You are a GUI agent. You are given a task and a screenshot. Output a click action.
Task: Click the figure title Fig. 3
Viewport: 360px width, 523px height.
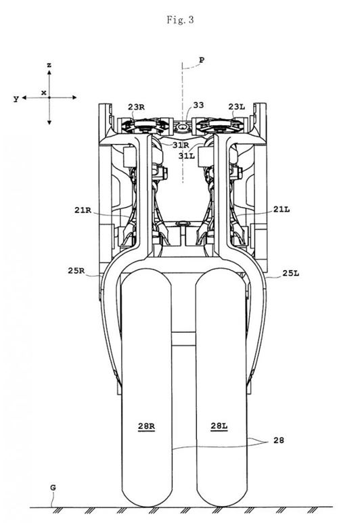tap(180, 20)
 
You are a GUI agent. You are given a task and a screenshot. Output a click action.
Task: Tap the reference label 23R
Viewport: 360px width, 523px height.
tap(136, 107)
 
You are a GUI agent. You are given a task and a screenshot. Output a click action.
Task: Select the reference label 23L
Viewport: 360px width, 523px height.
tap(237, 107)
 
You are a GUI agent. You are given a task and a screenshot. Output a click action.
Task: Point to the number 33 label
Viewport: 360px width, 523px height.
tap(198, 105)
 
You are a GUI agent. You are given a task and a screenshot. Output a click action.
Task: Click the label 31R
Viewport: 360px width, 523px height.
tap(181, 145)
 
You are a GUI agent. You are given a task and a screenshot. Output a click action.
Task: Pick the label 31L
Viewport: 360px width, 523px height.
tap(187, 156)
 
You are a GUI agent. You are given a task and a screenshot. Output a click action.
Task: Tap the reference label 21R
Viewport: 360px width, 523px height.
tap(83, 210)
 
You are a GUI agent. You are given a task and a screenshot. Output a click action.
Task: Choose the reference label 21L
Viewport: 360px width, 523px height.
tap(282, 210)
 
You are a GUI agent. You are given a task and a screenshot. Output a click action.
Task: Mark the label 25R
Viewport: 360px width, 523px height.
tap(76, 271)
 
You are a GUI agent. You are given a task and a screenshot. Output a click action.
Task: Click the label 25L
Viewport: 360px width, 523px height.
tap(291, 273)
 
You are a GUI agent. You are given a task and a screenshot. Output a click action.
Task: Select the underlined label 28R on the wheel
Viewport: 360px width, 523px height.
tap(146, 427)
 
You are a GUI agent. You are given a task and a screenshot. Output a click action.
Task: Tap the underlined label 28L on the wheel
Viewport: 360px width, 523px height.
tap(219, 426)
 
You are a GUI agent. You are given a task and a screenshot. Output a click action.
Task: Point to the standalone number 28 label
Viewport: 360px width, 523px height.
tap(279, 440)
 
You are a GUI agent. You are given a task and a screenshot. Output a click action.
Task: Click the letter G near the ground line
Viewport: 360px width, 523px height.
tap(53, 488)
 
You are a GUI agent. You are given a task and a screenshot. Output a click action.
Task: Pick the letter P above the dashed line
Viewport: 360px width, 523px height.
tap(202, 60)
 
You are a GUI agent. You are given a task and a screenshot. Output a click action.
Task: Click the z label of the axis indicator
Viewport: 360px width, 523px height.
tap(49, 65)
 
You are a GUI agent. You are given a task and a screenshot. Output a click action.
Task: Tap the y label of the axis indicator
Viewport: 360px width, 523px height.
tap(16, 99)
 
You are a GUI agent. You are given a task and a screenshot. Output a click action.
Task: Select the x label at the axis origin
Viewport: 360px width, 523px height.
tap(44, 93)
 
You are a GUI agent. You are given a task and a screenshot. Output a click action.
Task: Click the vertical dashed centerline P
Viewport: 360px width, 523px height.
tap(183, 122)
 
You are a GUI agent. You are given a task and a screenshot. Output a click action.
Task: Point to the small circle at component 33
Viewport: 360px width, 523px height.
tap(183, 127)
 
